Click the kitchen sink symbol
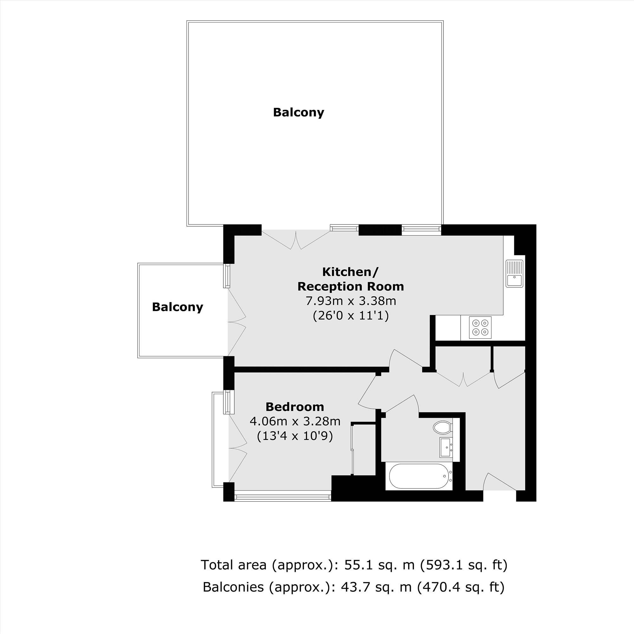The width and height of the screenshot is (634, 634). [x=514, y=273]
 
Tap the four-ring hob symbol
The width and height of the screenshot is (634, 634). [x=481, y=327]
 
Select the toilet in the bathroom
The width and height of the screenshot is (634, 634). [x=442, y=428]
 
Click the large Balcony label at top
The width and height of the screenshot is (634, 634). [x=298, y=113]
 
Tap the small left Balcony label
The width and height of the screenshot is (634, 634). [x=178, y=307]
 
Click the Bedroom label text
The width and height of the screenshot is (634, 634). [x=295, y=407]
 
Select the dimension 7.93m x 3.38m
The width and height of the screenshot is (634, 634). [x=351, y=301]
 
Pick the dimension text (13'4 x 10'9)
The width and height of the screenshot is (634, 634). [x=295, y=436]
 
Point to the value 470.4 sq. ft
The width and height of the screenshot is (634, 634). [x=460, y=587]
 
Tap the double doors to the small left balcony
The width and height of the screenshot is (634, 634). [x=237, y=322]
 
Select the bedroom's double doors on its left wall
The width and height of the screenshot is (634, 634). [x=237, y=448]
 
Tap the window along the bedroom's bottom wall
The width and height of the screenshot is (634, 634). [x=282, y=497]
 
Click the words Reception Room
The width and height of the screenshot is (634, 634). [x=351, y=287]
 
